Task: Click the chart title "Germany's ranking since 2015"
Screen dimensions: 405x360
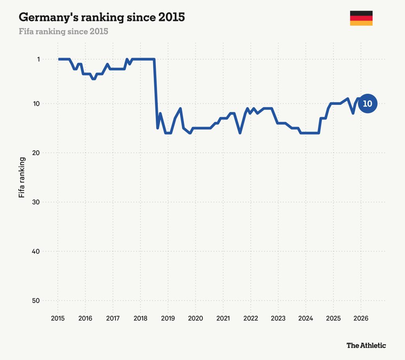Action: tap(102, 17)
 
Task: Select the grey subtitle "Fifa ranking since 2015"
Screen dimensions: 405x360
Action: tap(63, 31)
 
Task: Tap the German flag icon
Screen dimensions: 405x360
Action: tap(361, 18)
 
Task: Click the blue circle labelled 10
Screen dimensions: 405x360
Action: tap(367, 104)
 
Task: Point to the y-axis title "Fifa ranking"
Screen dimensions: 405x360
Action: tap(22, 177)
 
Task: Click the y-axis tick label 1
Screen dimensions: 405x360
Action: tap(38, 59)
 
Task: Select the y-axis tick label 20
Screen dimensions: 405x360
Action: tap(36, 153)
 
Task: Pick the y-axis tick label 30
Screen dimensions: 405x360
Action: tap(36, 202)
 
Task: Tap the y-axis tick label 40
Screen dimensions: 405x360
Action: tap(36, 251)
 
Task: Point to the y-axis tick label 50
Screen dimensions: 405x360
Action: tap(36, 301)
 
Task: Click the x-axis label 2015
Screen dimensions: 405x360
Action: tap(58, 318)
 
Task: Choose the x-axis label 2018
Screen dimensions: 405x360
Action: tap(140, 318)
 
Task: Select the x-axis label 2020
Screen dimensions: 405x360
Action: tap(195, 318)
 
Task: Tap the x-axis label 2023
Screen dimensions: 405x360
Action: tap(278, 318)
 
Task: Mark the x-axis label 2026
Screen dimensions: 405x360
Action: tap(361, 318)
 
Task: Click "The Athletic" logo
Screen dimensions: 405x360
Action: tap(366, 345)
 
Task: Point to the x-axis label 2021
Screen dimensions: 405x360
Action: tap(223, 318)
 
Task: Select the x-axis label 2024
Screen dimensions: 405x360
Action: tap(306, 318)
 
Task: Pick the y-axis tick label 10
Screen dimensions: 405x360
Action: tap(36, 104)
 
